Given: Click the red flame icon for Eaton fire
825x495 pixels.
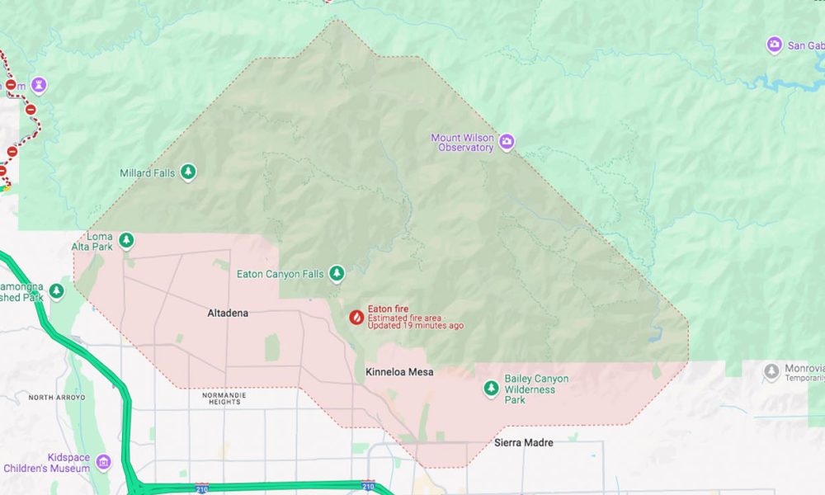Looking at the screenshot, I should [x=356, y=317].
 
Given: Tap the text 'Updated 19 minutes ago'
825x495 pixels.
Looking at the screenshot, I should [x=415, y=326].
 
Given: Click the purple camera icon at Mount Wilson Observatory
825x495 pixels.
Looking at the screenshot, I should [x=507, y=142].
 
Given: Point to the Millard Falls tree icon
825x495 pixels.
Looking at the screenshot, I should [x=189, y=172].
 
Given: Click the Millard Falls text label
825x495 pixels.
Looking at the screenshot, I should [x=147, y=173].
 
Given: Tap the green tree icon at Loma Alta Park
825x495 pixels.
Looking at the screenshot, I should [x=126, y=240].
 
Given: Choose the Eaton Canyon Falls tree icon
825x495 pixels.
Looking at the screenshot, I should [x=337, y=272].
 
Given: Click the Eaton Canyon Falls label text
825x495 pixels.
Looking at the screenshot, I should [x=280, y=274].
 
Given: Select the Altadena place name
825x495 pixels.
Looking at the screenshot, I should [x=228, y=313].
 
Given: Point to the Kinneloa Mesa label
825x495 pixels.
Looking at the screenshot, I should [x=399, y=372].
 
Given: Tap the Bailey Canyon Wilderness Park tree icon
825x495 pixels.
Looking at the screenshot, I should [x=491, y=388].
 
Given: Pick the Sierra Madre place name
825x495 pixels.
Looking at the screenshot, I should [x=523, y=443].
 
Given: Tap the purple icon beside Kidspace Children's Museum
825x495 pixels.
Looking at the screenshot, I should [x=103, y=460].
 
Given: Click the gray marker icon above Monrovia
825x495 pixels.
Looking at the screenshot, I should [x=771, y=371].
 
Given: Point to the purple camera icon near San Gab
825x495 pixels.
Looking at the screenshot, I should [x=774, y=45].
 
